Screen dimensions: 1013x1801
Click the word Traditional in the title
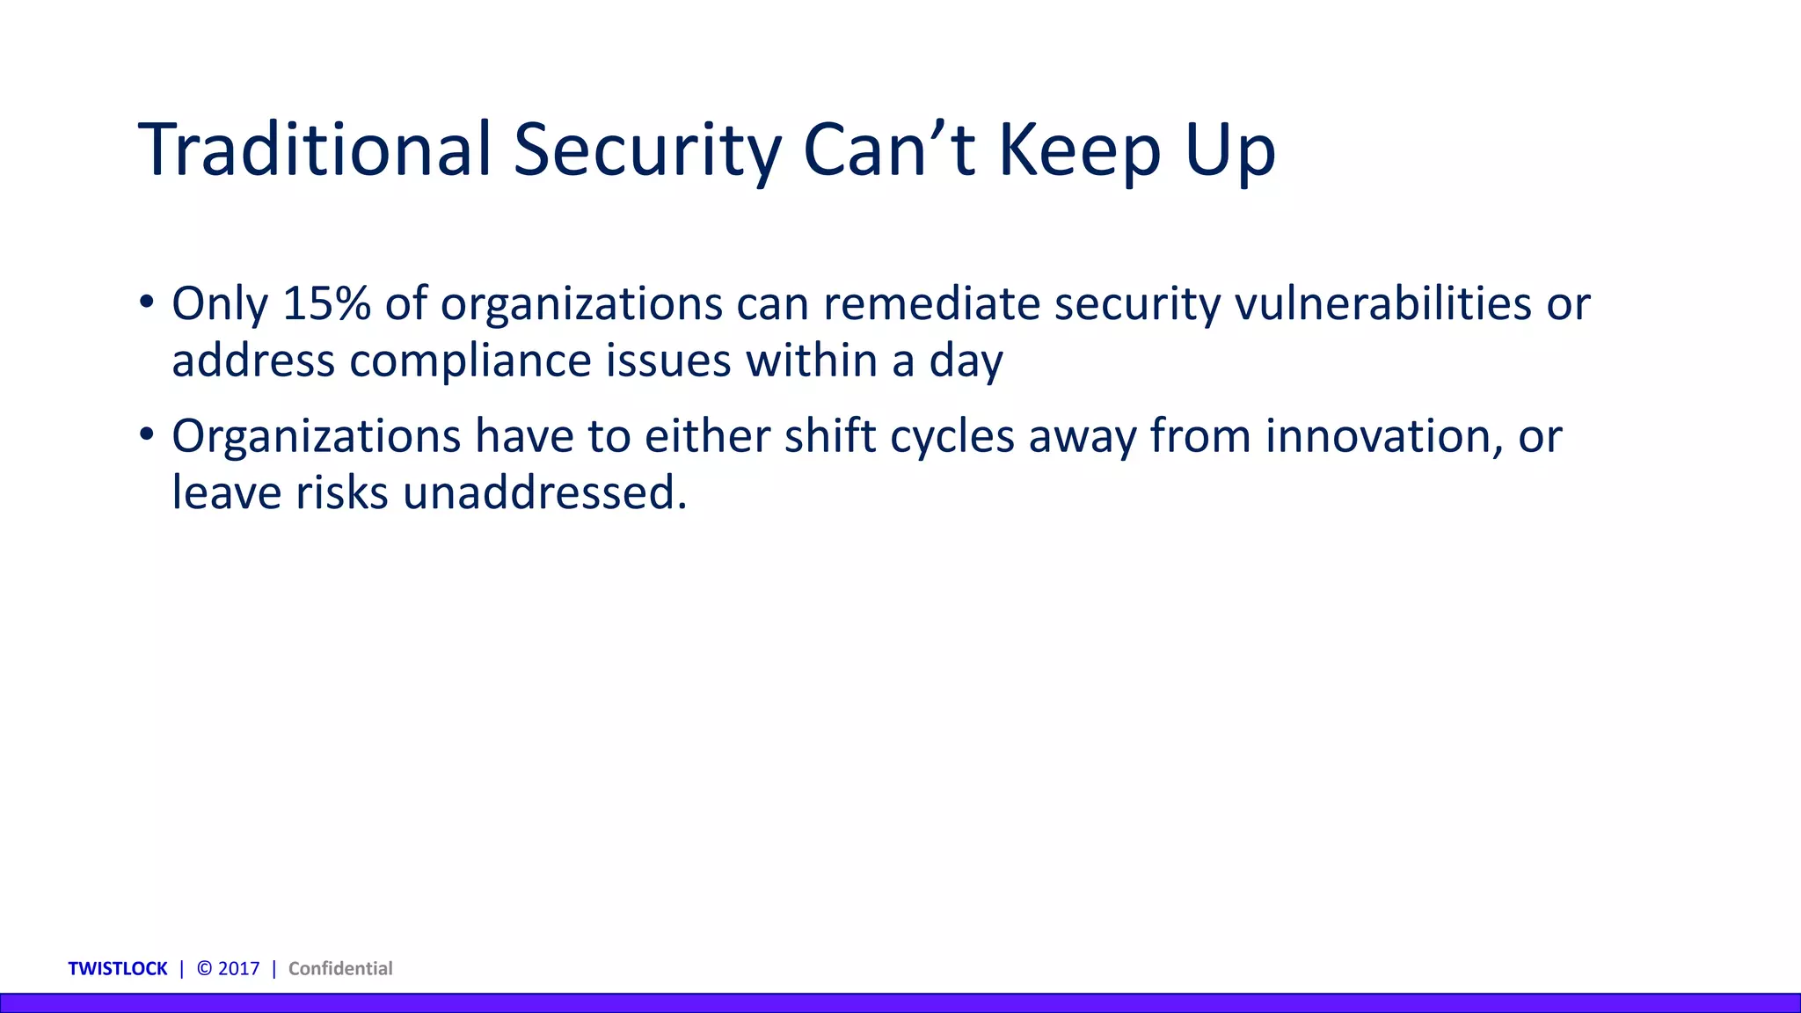[x=314, y=149]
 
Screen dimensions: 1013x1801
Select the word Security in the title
[x=646, y=149]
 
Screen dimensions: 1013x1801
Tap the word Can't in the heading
[x=888, y=149]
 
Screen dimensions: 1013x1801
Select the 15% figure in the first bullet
[x=326, y=303]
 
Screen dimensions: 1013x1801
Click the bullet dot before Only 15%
[x=147, y=302]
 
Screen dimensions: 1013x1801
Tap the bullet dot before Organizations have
[x=147, y=434]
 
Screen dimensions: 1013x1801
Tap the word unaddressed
[x=544, y=492]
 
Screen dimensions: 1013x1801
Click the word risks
[x=341, y=492]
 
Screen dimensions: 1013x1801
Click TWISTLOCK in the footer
[x=118, y=968]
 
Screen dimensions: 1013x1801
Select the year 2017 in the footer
[x=239, y=968]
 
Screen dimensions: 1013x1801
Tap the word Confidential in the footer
[x=340, y=968]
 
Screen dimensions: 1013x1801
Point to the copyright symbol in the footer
[x=205, y=968]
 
